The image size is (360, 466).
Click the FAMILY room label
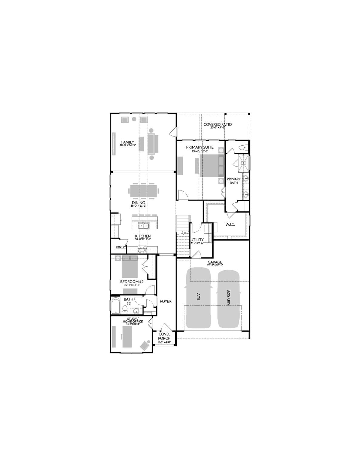point(127,142)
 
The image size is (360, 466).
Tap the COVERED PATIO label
point(217,124)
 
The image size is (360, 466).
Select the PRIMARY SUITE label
point(200,147)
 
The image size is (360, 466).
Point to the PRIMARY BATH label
point(234,181)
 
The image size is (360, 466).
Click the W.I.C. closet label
point(230,225)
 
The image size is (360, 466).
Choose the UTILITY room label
point(197,240)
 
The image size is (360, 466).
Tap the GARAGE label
point(215,262)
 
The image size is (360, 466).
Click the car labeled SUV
point(199,297)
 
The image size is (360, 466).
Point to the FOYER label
point(166,301)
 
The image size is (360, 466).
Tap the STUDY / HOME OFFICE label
point(133,320)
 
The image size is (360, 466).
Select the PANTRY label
point(121,247)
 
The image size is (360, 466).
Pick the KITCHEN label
point(143,236)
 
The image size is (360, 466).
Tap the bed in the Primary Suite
point(209,166)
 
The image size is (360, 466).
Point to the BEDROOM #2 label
point(132,282)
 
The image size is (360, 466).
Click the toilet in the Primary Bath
point(242,148)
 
